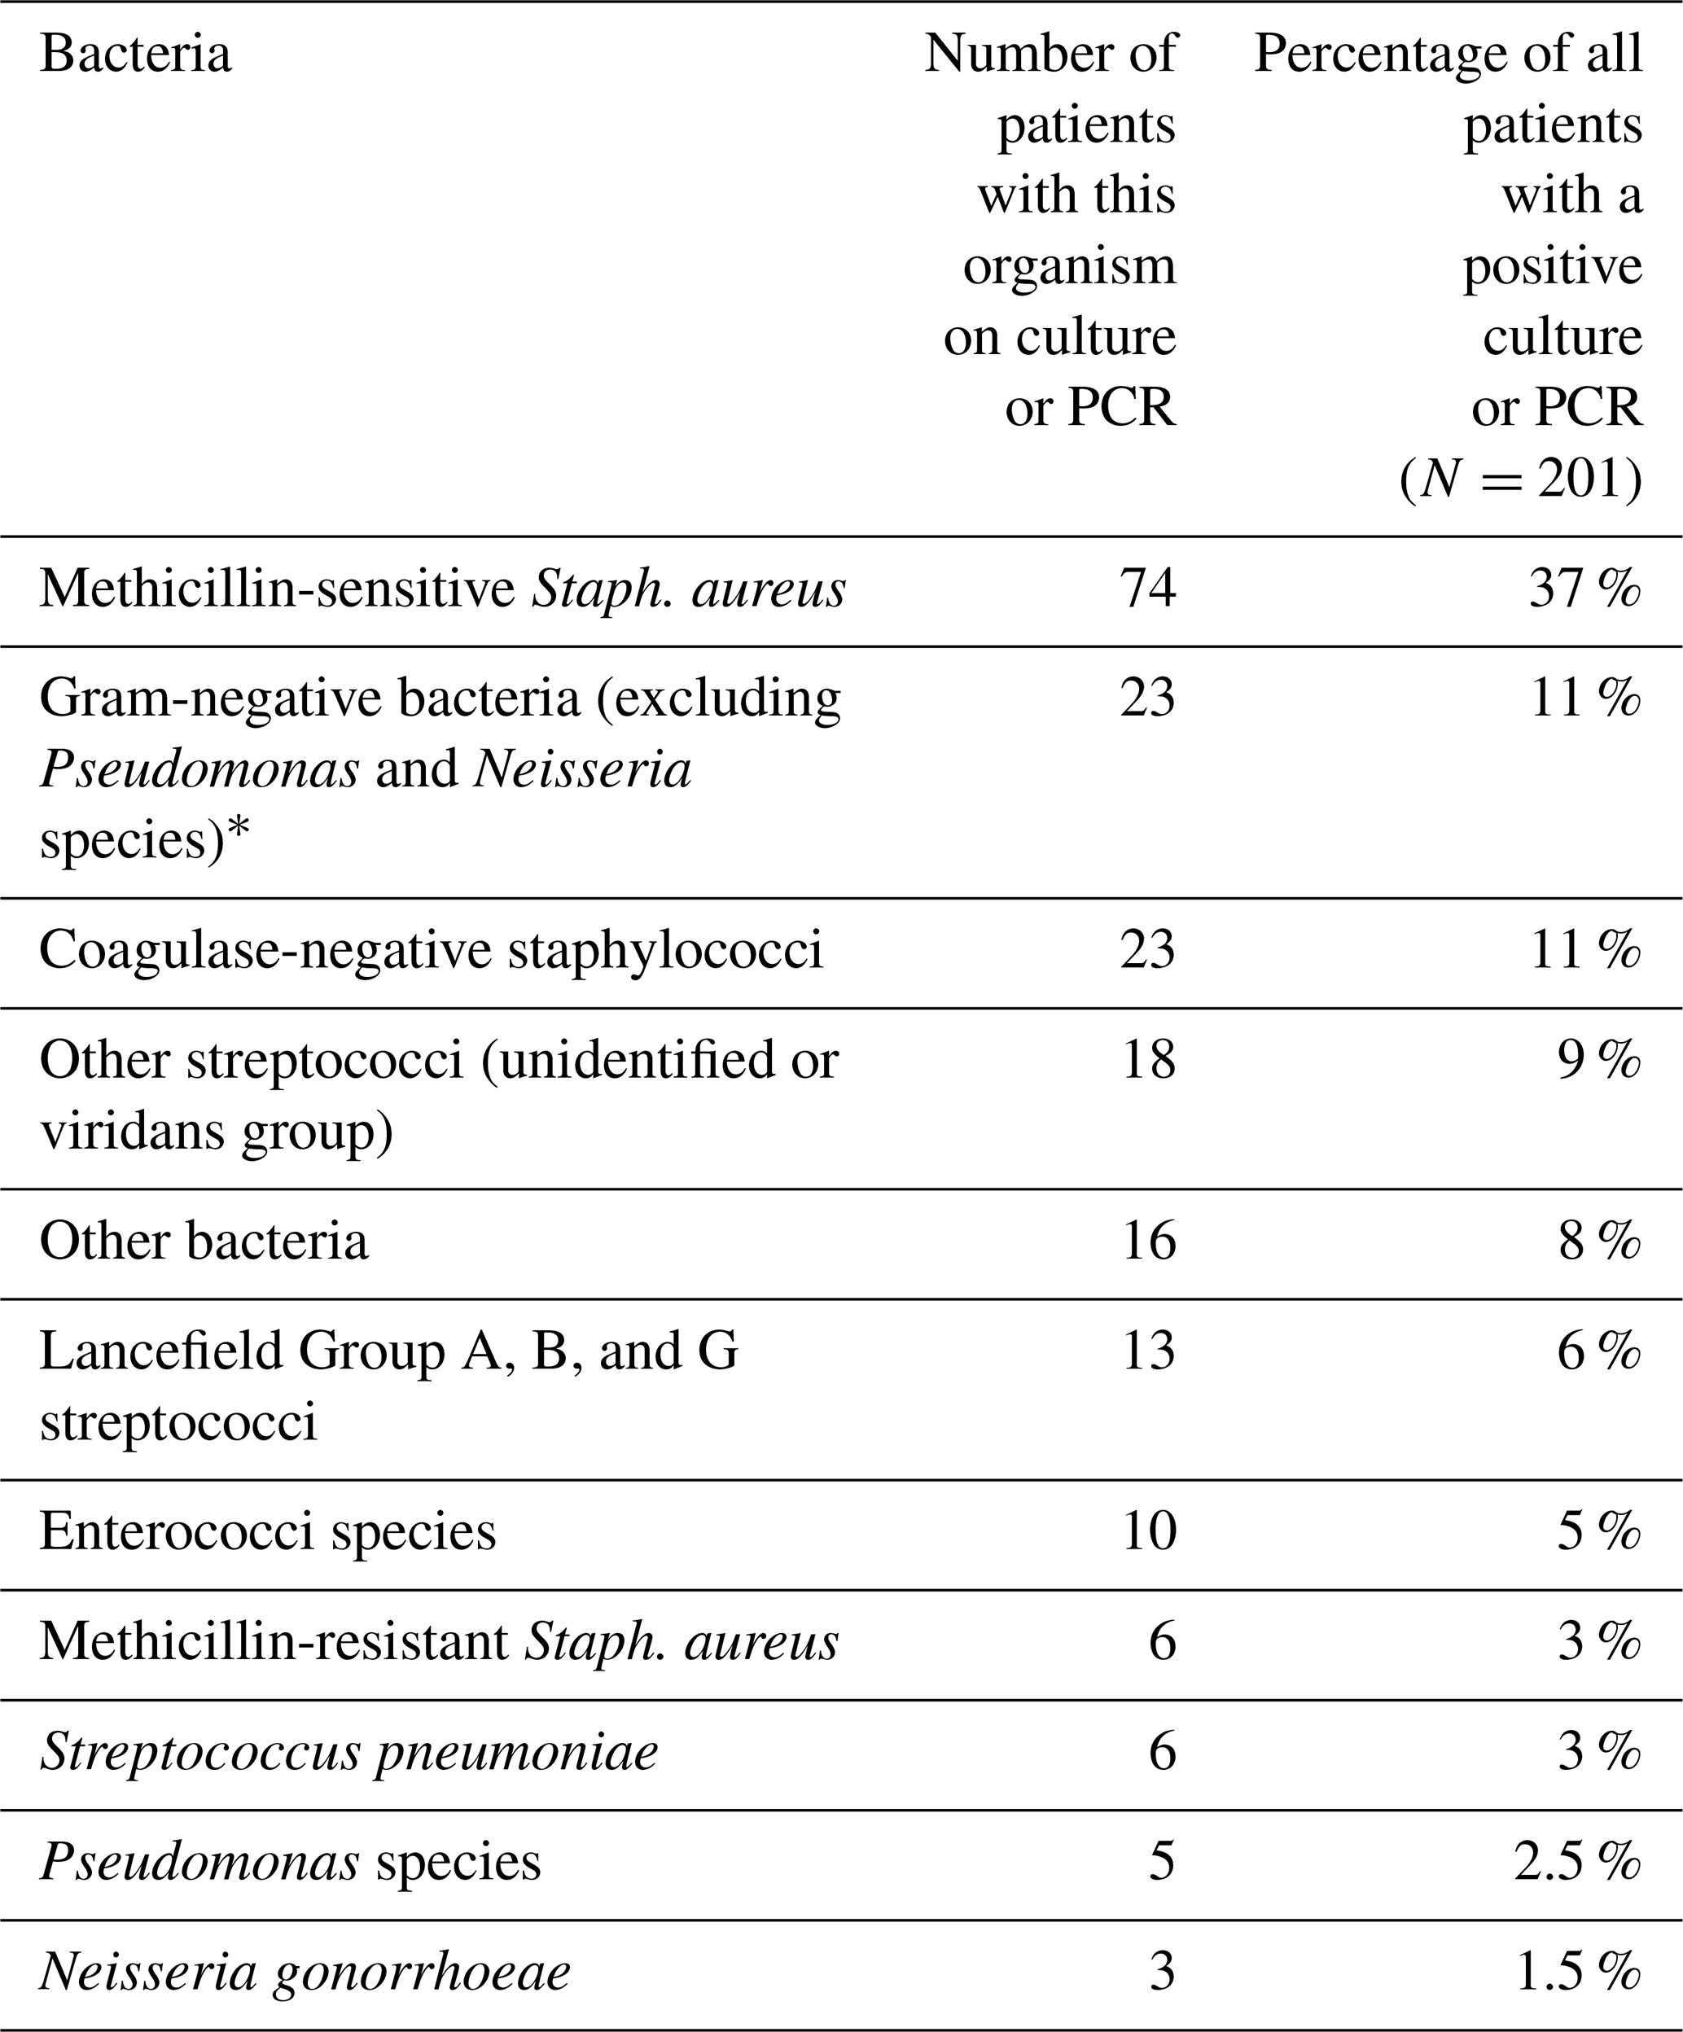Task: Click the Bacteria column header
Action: tap(135, 55)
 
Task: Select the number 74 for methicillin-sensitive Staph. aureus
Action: tap(1147, 589)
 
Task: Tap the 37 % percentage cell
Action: tap(1584, 589)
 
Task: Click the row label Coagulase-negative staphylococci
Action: tap(431, 949)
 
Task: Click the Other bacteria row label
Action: tap(204, 1241)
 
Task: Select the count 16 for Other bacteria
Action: tap(1148, 1241)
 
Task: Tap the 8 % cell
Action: tap(1599, 1241)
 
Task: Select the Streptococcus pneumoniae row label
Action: tap(348, 1753)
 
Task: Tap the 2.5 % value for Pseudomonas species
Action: tap(1577, 1862)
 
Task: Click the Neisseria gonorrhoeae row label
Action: tap(305, 1972)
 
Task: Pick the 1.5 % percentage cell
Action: tap(1577, 1972)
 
